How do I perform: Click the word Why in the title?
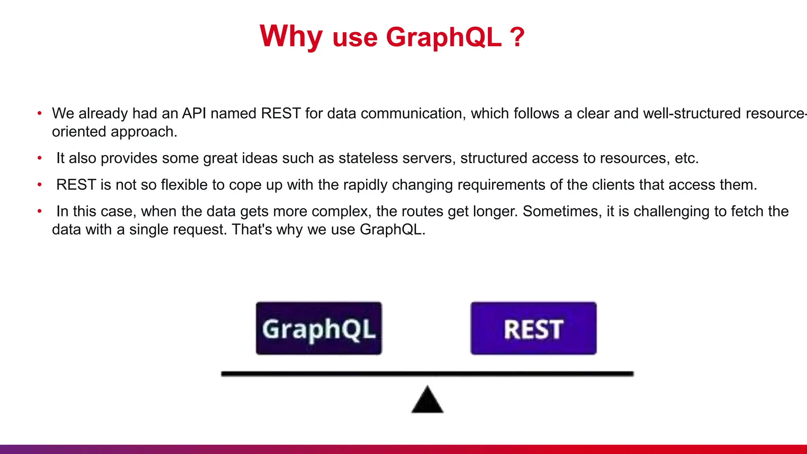click(x=291, y=36)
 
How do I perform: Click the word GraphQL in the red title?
click(x=444, y=37)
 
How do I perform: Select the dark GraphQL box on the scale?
click(x=319, y=329)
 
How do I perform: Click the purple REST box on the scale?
click(x=533, y=329)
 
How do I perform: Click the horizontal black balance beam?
click(x=428, y=374)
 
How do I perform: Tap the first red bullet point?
click(x=39, y=113)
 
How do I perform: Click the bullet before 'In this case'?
click(x=39, y=211)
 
